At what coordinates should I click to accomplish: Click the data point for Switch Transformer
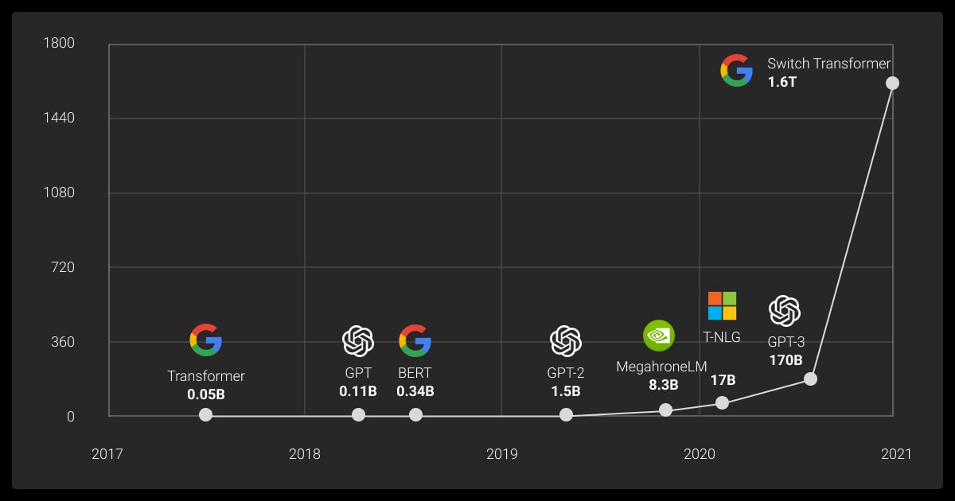click(x=892, y=83)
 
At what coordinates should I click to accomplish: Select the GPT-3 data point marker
click(x=810, y=379)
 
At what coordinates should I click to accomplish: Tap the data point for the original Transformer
click(x=205, y=414)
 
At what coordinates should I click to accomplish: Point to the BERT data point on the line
click(x=415, y=414)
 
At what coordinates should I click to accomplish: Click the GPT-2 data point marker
click(x=566, y=414)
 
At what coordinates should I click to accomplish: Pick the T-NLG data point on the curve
click(x=722, y=402)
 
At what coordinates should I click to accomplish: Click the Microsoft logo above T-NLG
click(x=722, y=305)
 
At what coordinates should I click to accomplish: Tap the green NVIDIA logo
click(x=658, y=336)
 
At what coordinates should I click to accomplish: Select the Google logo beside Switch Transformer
click(x=736, y=71)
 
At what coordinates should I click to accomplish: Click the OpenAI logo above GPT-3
click(x=784, y=311)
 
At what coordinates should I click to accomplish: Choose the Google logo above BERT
click(x=415, y=340)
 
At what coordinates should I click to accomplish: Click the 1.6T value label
click(x=782, y=82)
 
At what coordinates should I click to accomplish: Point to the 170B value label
click(x=785, y=360)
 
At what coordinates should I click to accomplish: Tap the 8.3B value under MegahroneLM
click(x=663, y=385)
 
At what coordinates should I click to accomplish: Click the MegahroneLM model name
click(x=661, y=367)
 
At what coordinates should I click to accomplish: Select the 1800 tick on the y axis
click(x=59, y=43)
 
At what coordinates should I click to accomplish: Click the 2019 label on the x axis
click(x=501, y=454)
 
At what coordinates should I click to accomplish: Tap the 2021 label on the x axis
click(x=896, y=454)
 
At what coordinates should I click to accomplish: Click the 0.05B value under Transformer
click(x=206, y=394)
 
